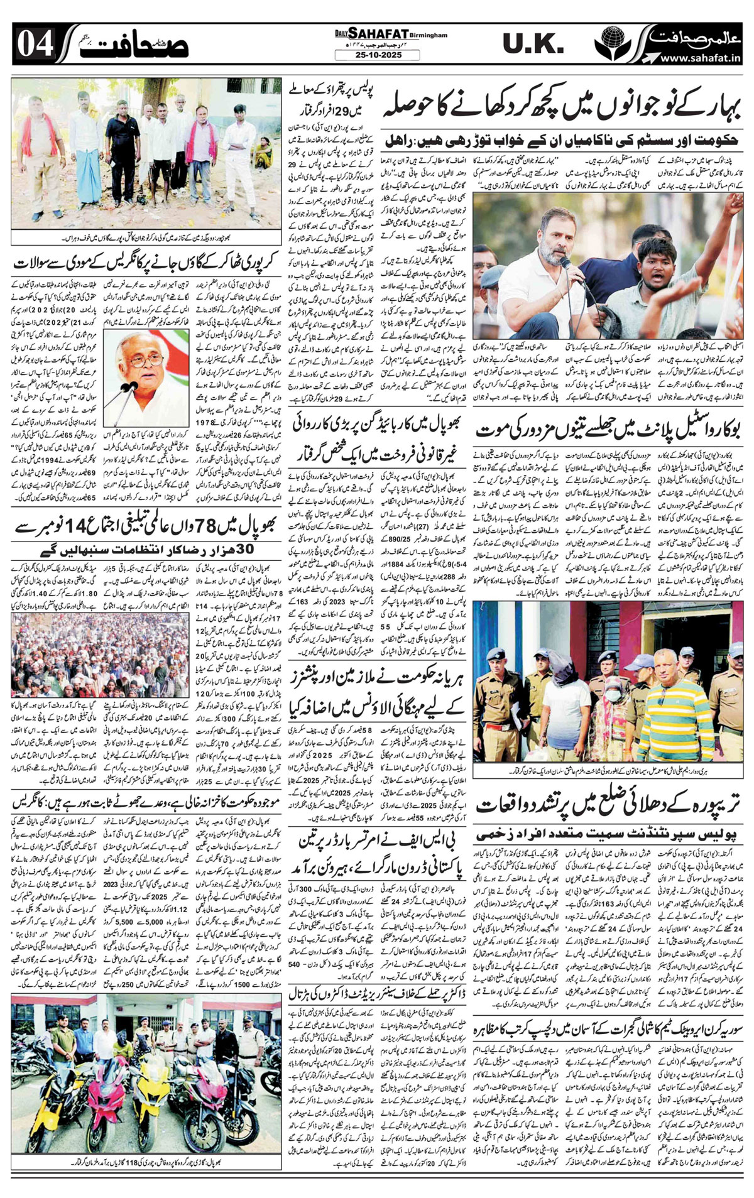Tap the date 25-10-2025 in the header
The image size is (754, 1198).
(x=377, y=55)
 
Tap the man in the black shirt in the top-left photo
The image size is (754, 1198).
(x=115, y=144)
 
